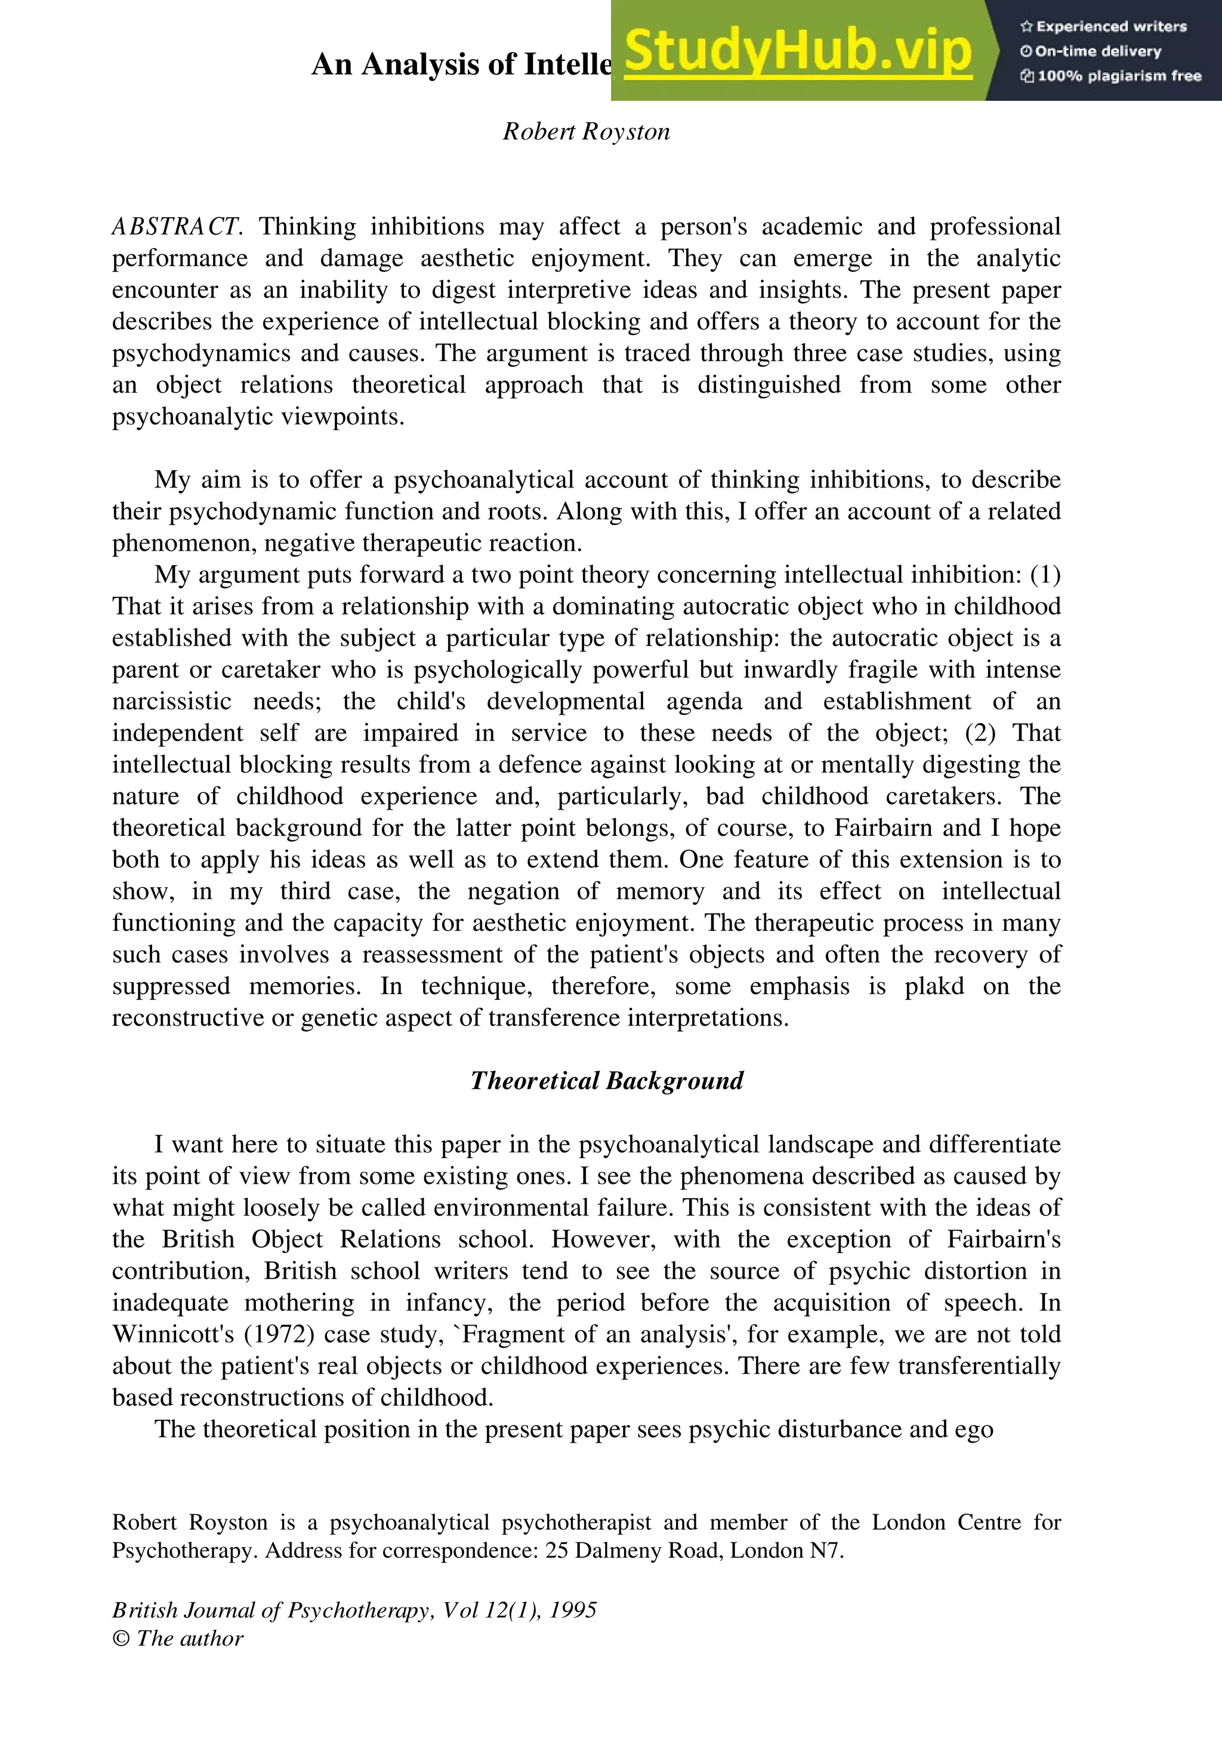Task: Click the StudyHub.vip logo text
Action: coord(797,52)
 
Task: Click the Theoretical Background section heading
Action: coord(606,1080)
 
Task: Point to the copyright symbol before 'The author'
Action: coord(121,1638)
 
